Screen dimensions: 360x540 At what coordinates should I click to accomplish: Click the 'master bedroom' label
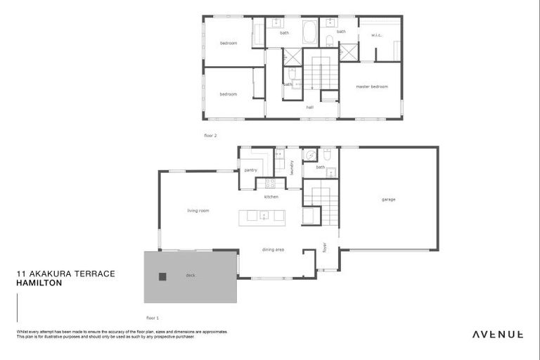tap(371, 86)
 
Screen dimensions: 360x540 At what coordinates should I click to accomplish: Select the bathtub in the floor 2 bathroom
tap(309, 32)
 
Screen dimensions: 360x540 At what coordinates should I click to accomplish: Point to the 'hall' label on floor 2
tap(309, 108)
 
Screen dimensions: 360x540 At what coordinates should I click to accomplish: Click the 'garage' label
tap(388, 200)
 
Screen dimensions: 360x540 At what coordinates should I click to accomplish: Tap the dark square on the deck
tap(162, 276)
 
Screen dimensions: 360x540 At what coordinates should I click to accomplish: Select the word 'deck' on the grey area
tap(190, 276)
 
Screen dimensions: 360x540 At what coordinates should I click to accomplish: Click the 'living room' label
tap(198, 210)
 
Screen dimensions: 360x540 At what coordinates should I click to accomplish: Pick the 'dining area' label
tap(273, 250)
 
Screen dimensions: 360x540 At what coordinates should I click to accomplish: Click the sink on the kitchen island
tap(264, 216)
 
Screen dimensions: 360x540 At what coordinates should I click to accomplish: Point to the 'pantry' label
tap(250, 170)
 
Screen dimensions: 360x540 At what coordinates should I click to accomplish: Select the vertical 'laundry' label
tap(291, 167)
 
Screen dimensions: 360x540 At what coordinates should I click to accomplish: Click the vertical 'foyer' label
tap(325, 247)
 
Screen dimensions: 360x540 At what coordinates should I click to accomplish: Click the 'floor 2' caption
tap(210, 134)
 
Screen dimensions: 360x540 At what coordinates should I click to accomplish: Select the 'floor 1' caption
tap(153, 319)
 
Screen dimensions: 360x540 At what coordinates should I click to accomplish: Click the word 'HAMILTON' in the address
tap(39, 283)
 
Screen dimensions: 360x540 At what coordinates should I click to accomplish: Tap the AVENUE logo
tap(496, 334)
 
